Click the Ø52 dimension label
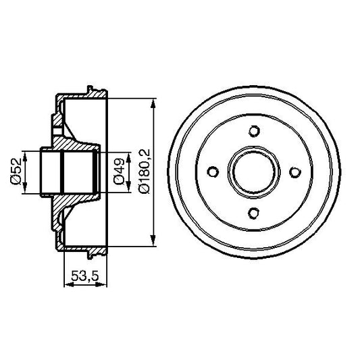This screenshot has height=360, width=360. (x=14, y=172)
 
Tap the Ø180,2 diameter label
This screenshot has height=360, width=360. (x=143, y=172)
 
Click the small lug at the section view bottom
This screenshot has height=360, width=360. (x=90, y=255)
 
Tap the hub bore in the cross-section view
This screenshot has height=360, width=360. (x=68, y=172)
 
